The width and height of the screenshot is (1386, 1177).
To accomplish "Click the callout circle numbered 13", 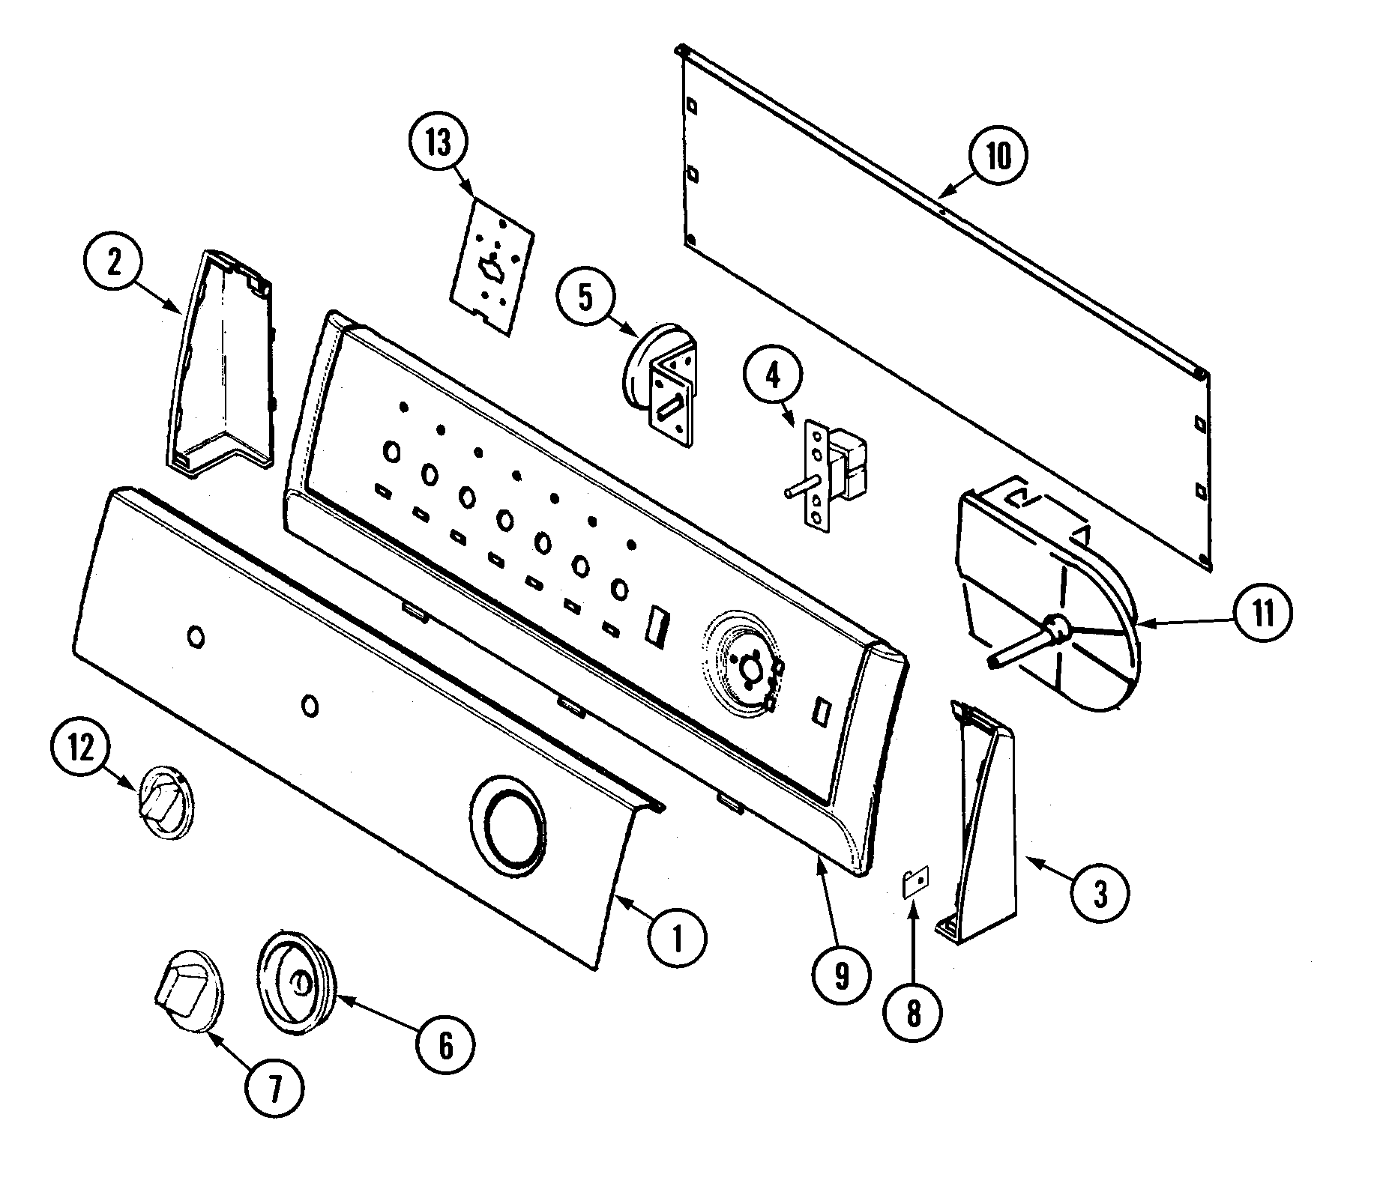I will pos(439,142).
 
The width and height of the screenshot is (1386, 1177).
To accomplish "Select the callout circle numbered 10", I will pos(998,157).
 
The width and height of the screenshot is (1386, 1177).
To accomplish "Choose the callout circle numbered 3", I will pos(1099,893).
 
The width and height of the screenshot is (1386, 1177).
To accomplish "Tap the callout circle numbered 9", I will pos(840,975).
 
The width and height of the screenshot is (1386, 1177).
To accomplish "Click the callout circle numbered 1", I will pos(677,937).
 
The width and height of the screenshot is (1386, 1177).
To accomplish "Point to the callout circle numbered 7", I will pos(274,1089).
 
